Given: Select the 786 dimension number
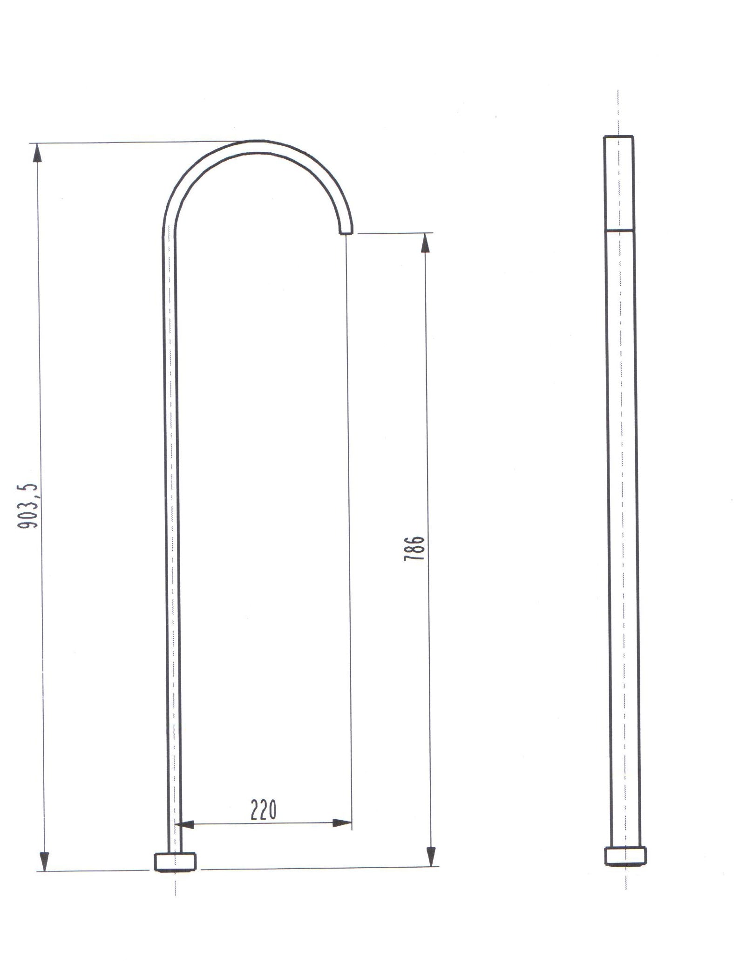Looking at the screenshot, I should coord(414,548).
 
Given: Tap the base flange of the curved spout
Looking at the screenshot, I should coord(175,862).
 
